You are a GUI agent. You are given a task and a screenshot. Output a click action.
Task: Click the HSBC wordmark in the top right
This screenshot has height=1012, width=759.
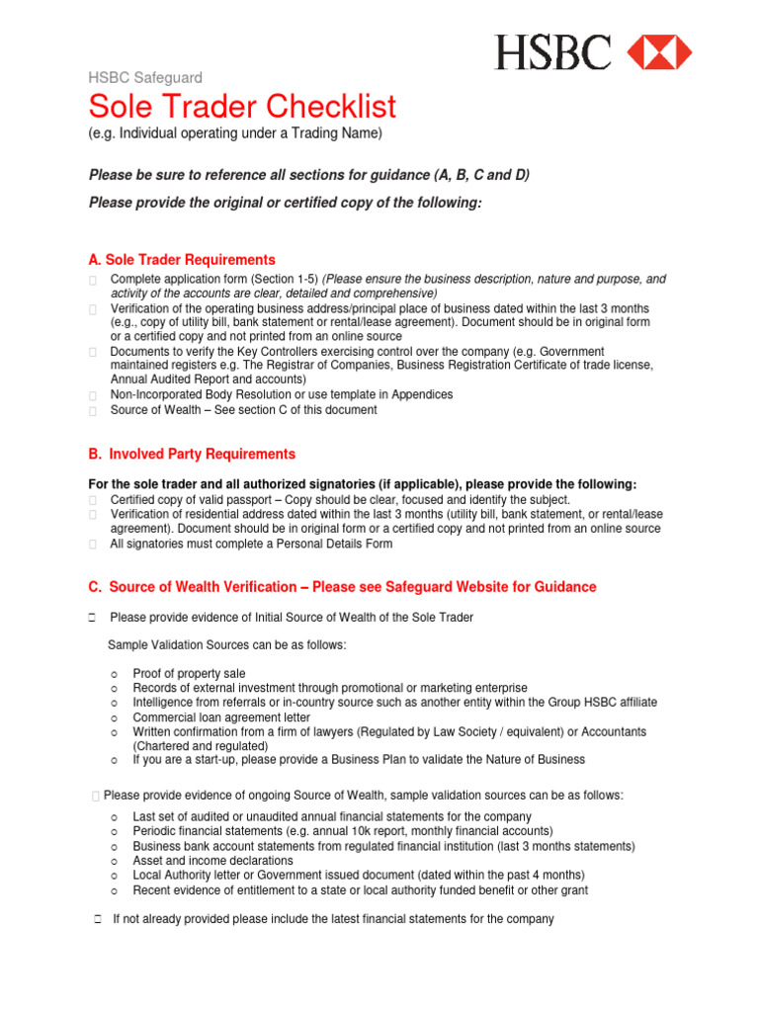point(552,51)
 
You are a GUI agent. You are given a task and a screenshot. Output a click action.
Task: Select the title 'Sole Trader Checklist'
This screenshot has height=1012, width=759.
point(242,106)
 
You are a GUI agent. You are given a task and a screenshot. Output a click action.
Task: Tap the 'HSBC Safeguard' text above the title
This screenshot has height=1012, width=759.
point(145,77)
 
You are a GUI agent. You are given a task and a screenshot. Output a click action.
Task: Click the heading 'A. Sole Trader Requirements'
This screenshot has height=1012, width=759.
point(182,260)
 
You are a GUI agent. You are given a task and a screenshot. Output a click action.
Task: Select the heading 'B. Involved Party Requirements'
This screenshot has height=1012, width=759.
point(192,454)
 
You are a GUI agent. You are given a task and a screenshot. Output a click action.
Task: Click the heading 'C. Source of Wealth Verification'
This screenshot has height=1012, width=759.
point(342,587)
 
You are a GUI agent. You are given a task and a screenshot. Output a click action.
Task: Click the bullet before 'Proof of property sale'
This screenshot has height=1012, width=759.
point(115,674)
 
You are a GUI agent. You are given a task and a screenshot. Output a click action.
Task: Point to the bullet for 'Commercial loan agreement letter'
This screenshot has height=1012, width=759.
point(115,717)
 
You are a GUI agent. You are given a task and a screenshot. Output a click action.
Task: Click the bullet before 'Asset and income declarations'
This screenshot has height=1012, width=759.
point(115,861)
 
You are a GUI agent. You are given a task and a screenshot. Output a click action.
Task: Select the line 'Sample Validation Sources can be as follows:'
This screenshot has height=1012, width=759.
point(226,645)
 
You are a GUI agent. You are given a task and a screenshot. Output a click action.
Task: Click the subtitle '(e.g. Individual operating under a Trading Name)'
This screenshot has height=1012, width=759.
point(235,133)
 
